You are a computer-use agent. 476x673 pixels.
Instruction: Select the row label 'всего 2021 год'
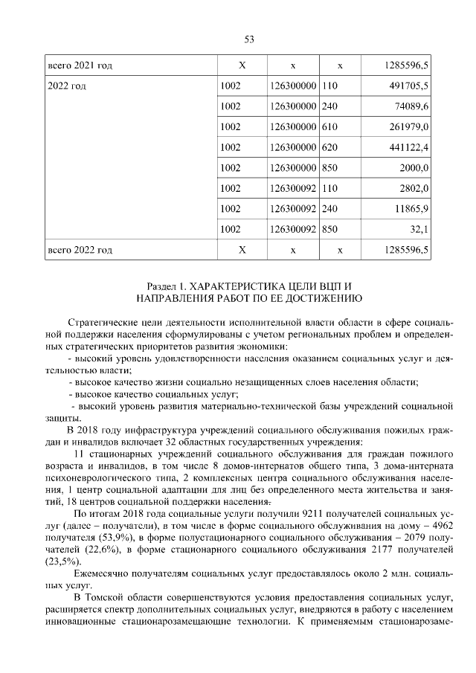pyautogui.click(x=80, y=66)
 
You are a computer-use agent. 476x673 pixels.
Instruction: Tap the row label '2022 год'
pyautogui.click(x=67, y=86)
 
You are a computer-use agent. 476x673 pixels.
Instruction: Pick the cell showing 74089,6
pyautogui.click(x=413, y=106)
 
